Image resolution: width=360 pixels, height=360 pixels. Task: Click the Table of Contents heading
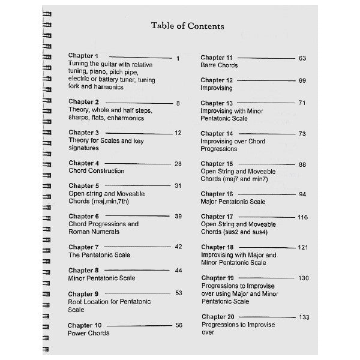coord(188,26)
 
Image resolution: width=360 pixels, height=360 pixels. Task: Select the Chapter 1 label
coord(83,56)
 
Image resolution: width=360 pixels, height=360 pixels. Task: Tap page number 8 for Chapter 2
coord(178,103)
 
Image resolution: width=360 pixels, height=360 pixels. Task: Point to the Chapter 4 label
coord(83,163)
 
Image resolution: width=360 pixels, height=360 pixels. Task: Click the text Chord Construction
coord(97,171)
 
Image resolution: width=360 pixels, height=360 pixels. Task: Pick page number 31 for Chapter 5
coord(178,185)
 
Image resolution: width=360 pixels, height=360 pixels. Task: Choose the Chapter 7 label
coord(83,247)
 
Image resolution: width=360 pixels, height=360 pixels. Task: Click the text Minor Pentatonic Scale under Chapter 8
coord(101,278)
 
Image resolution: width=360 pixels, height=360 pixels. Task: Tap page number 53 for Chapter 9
coord(178,293)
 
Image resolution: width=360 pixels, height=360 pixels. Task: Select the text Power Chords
coord(89,333)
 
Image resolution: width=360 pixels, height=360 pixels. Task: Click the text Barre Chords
coord(219,65)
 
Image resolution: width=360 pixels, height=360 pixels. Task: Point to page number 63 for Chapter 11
coord(302,58)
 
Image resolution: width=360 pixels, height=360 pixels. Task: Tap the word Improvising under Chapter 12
coord(217,88)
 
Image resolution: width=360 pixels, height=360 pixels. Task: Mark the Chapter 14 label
coord(217,134)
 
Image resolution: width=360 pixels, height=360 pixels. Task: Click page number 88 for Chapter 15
coord(302,164)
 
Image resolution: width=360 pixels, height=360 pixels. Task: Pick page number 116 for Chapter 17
coord(302,216)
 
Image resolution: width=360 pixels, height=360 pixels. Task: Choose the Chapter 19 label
coord(217,278)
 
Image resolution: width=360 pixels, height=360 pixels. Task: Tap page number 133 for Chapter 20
coord(304,317)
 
